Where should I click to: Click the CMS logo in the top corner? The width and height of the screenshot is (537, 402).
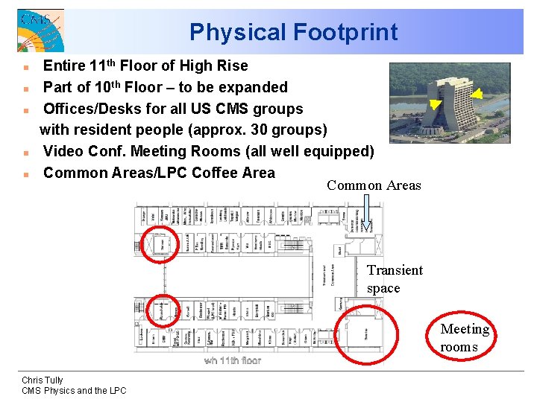pyautogui.click(x=40, y=30)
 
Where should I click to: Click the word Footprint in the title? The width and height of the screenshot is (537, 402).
pyautogui.click(x=345, y=32)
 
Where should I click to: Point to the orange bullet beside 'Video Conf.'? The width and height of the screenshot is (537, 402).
pyautogui.click(x=26, y=153)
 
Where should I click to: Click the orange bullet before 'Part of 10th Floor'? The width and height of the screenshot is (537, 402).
pyautogui.click(x=26, y=89)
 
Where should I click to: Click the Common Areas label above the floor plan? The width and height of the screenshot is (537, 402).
pyautogui.click(x=374, y=185)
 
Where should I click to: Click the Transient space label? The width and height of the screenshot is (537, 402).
pyautogui.click(x=395, y=279)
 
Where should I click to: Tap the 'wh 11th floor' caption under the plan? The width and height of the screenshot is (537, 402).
pyautogui.click(x=233, y=361)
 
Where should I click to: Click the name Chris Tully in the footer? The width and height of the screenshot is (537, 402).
pyautogui.click(x=43, y=380)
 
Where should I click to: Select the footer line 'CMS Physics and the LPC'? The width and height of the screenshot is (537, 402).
pyautogui.click(x=74, y=391)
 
